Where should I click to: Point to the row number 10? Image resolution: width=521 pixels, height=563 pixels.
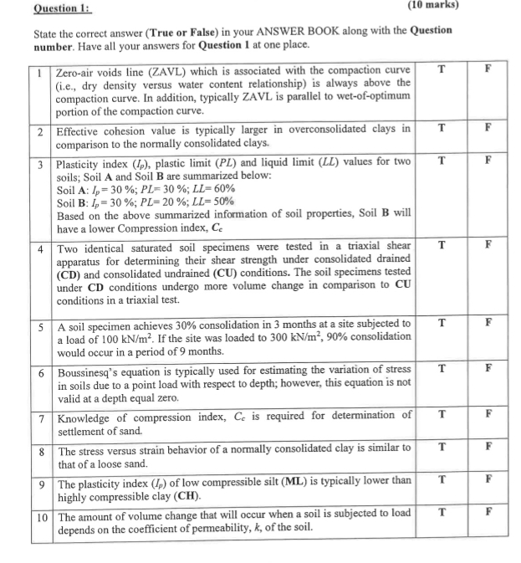click(42, 516)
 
